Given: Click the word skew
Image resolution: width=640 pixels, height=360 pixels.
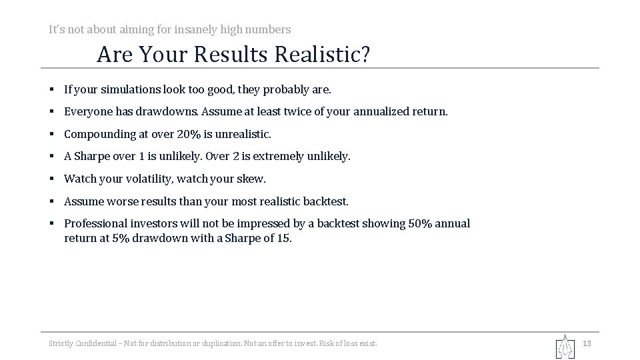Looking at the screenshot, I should point(251,179).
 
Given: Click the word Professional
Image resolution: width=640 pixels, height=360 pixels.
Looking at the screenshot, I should point(95,223).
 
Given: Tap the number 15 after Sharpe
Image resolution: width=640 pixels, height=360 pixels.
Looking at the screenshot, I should point(284,238).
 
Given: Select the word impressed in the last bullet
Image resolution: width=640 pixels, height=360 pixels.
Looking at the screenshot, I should point(277,223).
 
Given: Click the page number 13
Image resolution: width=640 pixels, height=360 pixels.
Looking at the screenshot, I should point(587,343).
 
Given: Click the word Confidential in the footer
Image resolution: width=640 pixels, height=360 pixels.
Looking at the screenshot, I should point(92,343).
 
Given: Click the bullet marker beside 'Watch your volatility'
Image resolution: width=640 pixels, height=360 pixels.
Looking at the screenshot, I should point(51,179).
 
